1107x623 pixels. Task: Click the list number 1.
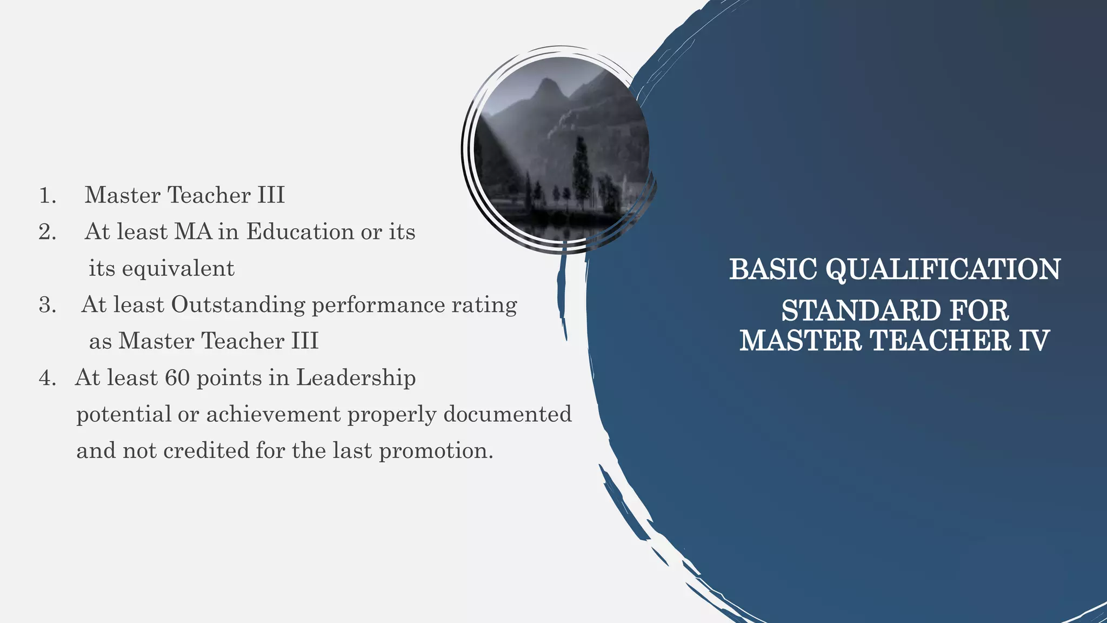47,196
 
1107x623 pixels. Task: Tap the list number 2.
47,232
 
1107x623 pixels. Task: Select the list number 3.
47,306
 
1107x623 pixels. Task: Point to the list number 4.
47,379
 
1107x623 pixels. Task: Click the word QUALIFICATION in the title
943,270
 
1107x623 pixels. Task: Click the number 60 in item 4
177,378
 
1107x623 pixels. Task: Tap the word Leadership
356,378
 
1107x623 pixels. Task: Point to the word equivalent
178,269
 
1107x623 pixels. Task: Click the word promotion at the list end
436,451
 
